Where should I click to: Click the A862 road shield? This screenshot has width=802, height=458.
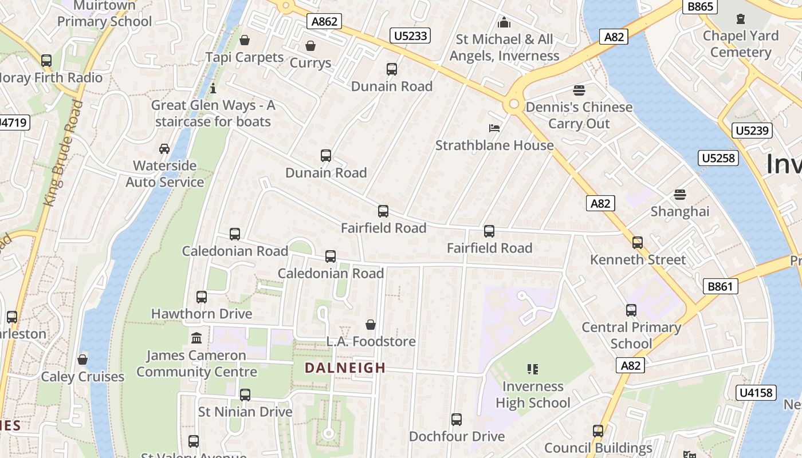point(324,22)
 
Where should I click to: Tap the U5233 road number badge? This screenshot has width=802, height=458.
point(410,35)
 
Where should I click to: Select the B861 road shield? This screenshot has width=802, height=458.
point(720,286)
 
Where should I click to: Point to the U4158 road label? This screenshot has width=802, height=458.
point(756,393)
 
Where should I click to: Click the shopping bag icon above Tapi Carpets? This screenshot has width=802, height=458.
point(245,40)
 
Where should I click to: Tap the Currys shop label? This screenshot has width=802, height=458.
point(310,62)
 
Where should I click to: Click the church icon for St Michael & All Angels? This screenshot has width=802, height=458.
point(504,22)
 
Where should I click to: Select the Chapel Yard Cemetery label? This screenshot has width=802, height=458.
point(741,44)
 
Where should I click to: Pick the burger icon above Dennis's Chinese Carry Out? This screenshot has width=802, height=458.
point(579,90)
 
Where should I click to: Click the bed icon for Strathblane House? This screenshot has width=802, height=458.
point(494,128)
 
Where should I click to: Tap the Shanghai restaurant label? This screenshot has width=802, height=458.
point(680,212)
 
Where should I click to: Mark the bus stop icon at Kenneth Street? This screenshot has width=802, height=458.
point(638,243)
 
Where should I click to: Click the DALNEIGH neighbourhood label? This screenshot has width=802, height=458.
point(345,368)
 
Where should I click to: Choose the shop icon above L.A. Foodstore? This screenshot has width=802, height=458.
point(371,325)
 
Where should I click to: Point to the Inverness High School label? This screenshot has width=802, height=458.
point(533,394)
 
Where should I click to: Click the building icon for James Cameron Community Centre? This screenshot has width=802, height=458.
point(196,338)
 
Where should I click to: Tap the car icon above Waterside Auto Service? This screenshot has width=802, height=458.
point(164,149)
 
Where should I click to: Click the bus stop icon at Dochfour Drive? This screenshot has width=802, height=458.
point(457,420)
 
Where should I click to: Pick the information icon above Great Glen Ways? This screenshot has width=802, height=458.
point(213,88)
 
